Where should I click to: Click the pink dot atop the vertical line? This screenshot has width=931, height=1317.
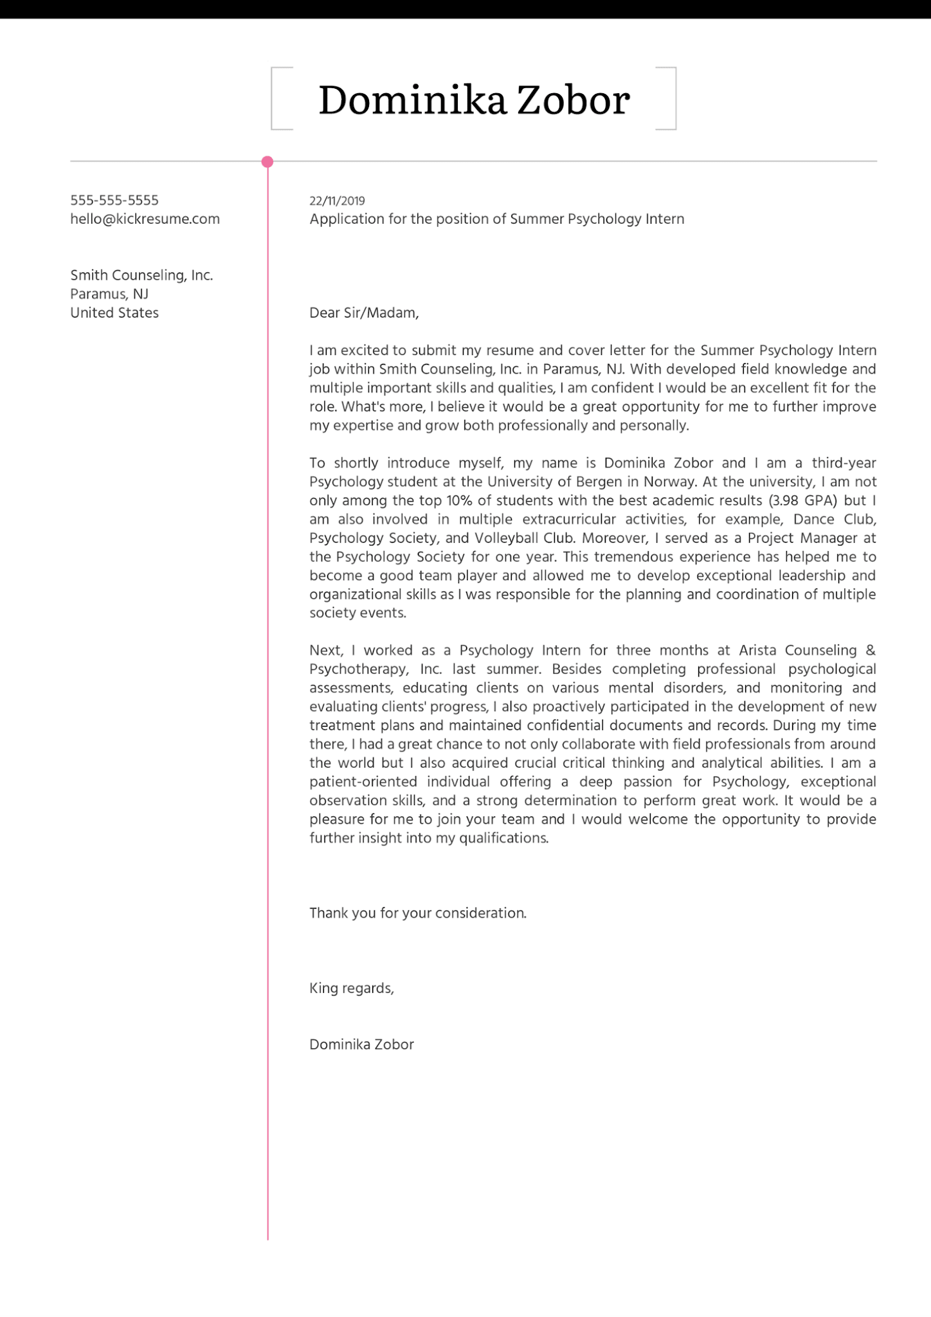coord(267,161)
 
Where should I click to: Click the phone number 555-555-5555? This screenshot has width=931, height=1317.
coord(114,200)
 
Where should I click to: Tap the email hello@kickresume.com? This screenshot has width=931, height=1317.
coord(145,219)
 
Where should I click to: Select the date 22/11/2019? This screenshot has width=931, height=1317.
coord(337,201)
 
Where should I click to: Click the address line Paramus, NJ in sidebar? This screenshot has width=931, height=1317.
coord(109,294)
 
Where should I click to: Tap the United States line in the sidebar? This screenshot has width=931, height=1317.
coord(114,313)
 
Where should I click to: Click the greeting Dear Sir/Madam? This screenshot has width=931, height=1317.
coord(364,313)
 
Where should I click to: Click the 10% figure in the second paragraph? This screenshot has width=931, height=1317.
coord(460,500)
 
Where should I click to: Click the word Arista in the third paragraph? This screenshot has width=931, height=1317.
coord(757,650)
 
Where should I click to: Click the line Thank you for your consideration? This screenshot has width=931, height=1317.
coord(418,913)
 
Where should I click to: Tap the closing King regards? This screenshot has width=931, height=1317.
coord(352,988)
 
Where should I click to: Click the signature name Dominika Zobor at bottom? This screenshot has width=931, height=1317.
coord(361,1044)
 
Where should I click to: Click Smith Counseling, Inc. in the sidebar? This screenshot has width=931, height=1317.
coord(141,275)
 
